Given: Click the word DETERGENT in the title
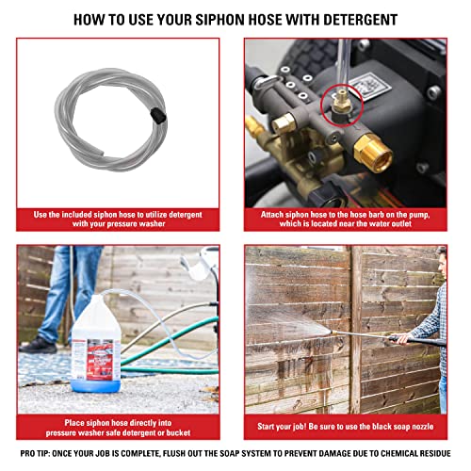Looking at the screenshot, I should click(x=353, y=19).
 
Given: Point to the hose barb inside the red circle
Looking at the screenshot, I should click(x=332, y=106).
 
